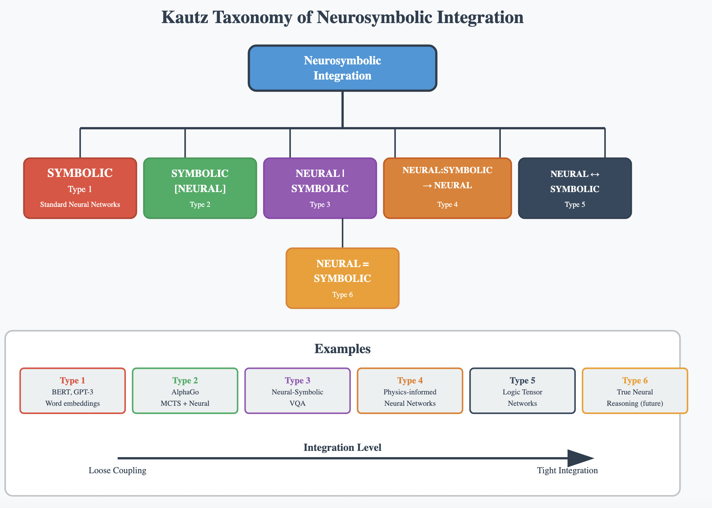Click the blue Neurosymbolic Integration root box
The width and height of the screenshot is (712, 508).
coord(342,68)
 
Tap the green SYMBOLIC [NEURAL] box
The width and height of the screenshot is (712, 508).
coord(200,188)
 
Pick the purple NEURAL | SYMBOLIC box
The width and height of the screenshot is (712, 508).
coord(320,188)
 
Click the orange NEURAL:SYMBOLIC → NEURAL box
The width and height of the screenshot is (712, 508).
coord(447,188)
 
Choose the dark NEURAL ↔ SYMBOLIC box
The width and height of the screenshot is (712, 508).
coord(574,188)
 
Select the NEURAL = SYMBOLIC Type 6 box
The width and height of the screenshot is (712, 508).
coord(342,278)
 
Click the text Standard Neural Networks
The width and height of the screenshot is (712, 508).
coord(80,204)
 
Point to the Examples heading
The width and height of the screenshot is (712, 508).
coord(342,349)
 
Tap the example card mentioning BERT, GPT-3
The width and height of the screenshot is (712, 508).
coord(73,391)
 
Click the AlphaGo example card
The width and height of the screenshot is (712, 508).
coord(185,391)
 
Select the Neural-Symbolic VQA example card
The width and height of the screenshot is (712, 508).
coord(298,391)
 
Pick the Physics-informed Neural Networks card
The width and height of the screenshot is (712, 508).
coord(410,391)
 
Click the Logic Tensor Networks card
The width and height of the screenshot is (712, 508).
coord(522,391)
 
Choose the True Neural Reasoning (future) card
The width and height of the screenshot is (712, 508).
coord(635,391)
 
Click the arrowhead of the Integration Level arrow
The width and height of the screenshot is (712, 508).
coord(580,458)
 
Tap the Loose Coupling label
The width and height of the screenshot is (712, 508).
coord(117,470)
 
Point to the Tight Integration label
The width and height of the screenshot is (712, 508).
coord(567,470)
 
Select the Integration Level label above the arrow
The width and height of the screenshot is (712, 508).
coord(342,447)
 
